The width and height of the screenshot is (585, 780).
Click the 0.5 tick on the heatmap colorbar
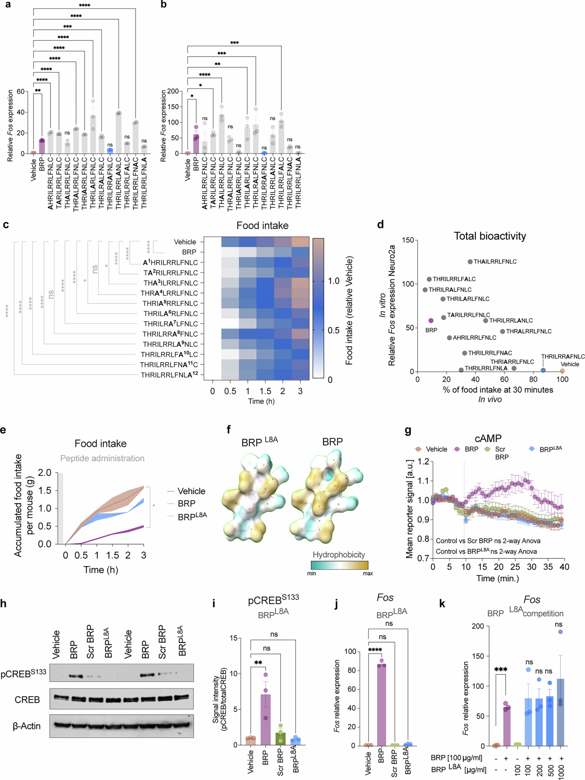click(x=334, y=330)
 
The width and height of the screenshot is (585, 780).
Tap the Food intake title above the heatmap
click(x=262, y=226)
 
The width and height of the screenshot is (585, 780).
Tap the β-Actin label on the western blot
click(x=27, y=726)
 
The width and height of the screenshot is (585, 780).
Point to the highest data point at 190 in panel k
click(x=560, y=632)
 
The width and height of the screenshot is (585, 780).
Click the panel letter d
click(x=380, y=225)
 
